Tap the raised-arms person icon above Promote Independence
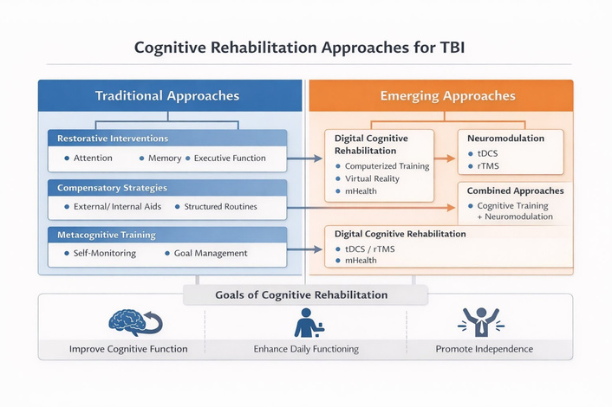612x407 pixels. click(x=481, y=322)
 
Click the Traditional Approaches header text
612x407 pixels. click(x=167, y=96)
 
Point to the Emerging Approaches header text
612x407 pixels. click(x=448, y=96)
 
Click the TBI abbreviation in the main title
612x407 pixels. click(x=452, y=48)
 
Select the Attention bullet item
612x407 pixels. click(x=88, y=158)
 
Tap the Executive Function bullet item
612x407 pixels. click(x=225, y=158)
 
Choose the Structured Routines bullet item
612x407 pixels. click(x=216, y=207)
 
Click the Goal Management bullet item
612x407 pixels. click(x=206, y=253)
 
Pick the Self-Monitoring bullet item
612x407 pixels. click(x=101, y=253)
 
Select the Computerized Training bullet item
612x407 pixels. click(x=382, y=166)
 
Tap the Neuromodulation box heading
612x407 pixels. click(x=505, y=138)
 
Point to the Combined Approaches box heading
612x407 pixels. click(x=515, y=191)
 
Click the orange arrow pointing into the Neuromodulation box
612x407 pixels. click(x=445, y=158)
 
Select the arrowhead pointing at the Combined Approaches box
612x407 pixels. click(x=451, y=208)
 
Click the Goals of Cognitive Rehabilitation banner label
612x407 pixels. click(x=302, y=294)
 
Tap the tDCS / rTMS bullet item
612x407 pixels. click(x=365, y=249)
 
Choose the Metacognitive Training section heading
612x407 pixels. click(x=107, y=235)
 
